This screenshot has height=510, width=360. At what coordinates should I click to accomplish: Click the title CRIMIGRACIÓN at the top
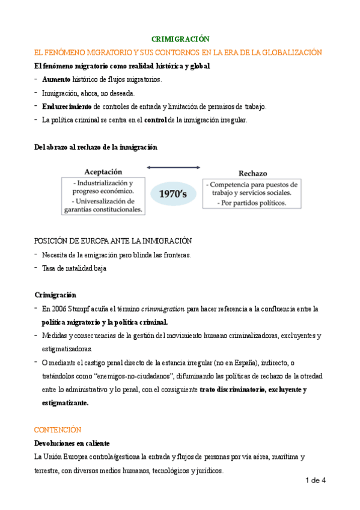(x=180, y=38)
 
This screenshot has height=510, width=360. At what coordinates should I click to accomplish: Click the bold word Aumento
(x=56, y=79)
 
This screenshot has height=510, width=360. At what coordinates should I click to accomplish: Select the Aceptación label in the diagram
(x=103, y=171)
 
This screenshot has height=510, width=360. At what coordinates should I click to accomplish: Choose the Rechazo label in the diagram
(x=252, y=173)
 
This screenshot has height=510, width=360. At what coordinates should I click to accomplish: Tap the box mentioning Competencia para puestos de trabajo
(x=252, y=193)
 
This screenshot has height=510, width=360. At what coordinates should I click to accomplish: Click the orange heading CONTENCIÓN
(x=58, y=430)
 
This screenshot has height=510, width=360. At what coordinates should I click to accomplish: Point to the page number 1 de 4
(x=315, y=480)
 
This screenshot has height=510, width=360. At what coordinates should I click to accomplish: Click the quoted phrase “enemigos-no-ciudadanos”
(x=124, y=376)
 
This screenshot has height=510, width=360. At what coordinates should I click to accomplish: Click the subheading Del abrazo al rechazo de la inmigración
(x=96, y=146)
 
